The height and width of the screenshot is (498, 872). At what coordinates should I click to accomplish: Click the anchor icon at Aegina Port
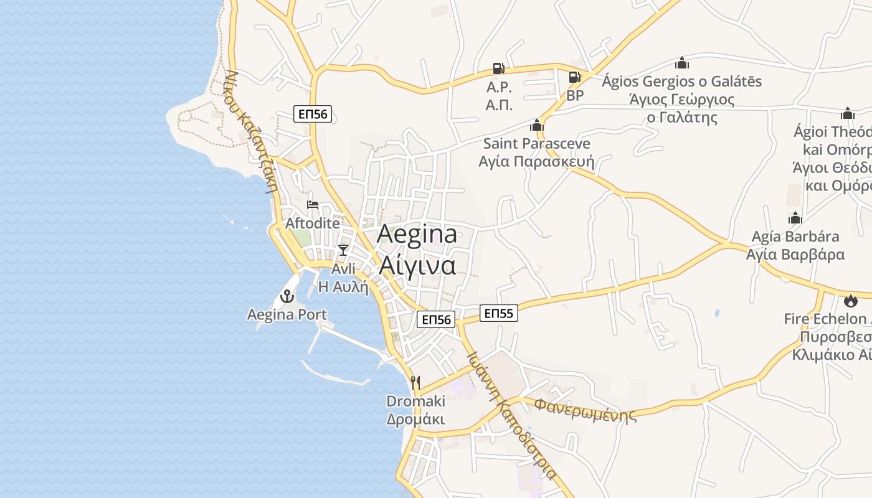[x=287, y=296]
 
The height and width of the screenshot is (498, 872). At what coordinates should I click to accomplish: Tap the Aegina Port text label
[x=287, y=314]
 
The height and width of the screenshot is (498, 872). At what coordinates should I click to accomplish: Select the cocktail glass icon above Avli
[x=343, y=250]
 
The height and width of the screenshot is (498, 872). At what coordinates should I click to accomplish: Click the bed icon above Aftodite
[x=313, y=205]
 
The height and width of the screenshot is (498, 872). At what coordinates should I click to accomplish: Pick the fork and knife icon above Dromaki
[x=415, y=382]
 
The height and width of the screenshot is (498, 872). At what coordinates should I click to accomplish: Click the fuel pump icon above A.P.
[x=499, y=68]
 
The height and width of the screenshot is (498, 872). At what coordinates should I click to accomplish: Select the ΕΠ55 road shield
[x=499, y=314]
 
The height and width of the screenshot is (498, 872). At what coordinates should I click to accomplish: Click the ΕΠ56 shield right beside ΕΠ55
[x=436, y=319]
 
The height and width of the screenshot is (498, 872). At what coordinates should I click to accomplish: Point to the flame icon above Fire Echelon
[x=850, y=301]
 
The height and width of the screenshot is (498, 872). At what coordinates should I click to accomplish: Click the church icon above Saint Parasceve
[x=537, y=125]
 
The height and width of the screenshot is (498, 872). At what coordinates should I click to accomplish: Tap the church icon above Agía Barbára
[x=795, y=218]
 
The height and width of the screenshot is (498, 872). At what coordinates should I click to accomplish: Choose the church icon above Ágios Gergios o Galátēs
[x=682, y=63]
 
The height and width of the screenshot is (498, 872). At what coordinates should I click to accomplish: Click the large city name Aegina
[x=417, y=234]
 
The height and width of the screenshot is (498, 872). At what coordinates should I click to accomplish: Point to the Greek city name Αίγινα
[x=417, y=265]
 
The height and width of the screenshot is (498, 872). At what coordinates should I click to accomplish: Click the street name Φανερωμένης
[x=586, y=411]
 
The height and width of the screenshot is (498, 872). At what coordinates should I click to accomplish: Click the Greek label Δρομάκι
[x=415, y=419]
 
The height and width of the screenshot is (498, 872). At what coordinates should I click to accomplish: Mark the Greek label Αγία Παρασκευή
[x=536, y=162]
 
